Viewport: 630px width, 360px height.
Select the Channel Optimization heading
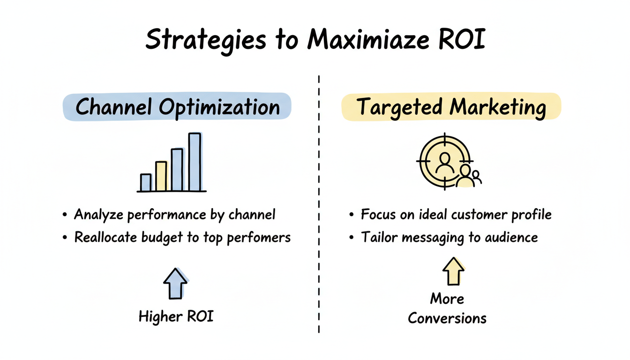[177, 107]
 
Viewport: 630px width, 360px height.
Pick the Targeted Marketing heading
[451, 107]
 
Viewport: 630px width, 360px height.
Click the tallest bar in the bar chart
[195, 162]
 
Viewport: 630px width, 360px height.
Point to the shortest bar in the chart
[146, 182]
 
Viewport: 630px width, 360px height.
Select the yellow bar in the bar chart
[161, 176]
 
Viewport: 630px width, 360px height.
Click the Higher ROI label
[176, 317]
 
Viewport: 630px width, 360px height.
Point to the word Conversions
[447, 318]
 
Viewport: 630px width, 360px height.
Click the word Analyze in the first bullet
[99, 215]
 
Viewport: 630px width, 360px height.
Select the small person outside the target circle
[477, 177]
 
